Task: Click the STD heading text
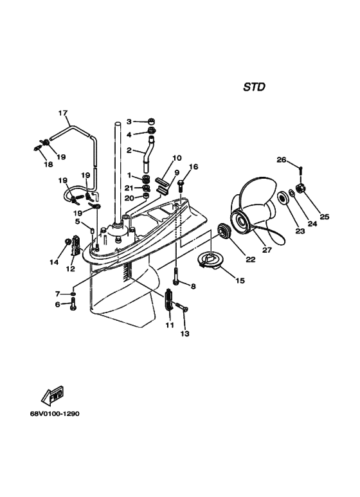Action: pos(254,87)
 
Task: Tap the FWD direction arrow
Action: pos(53,395)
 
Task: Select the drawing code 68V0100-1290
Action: pos(55,414)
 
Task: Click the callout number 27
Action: pos(267,250)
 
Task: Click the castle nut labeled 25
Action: pos(300,188)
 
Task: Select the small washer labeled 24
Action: pos(291,192)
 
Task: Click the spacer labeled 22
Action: pos(224,231)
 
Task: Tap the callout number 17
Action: pos(63,113)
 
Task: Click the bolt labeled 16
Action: pos(181,186)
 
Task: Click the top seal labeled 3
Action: pos(151,121)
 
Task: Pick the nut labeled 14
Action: pos(67,242)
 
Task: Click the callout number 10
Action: pos(177,158)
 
